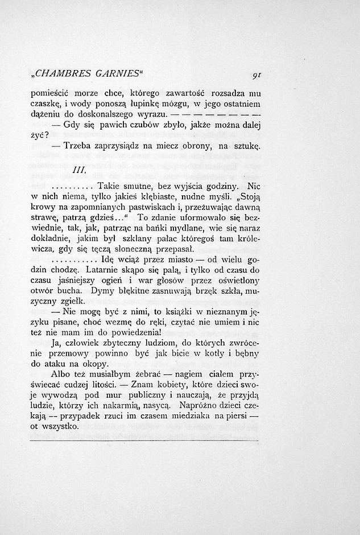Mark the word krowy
tap(43, 208)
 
